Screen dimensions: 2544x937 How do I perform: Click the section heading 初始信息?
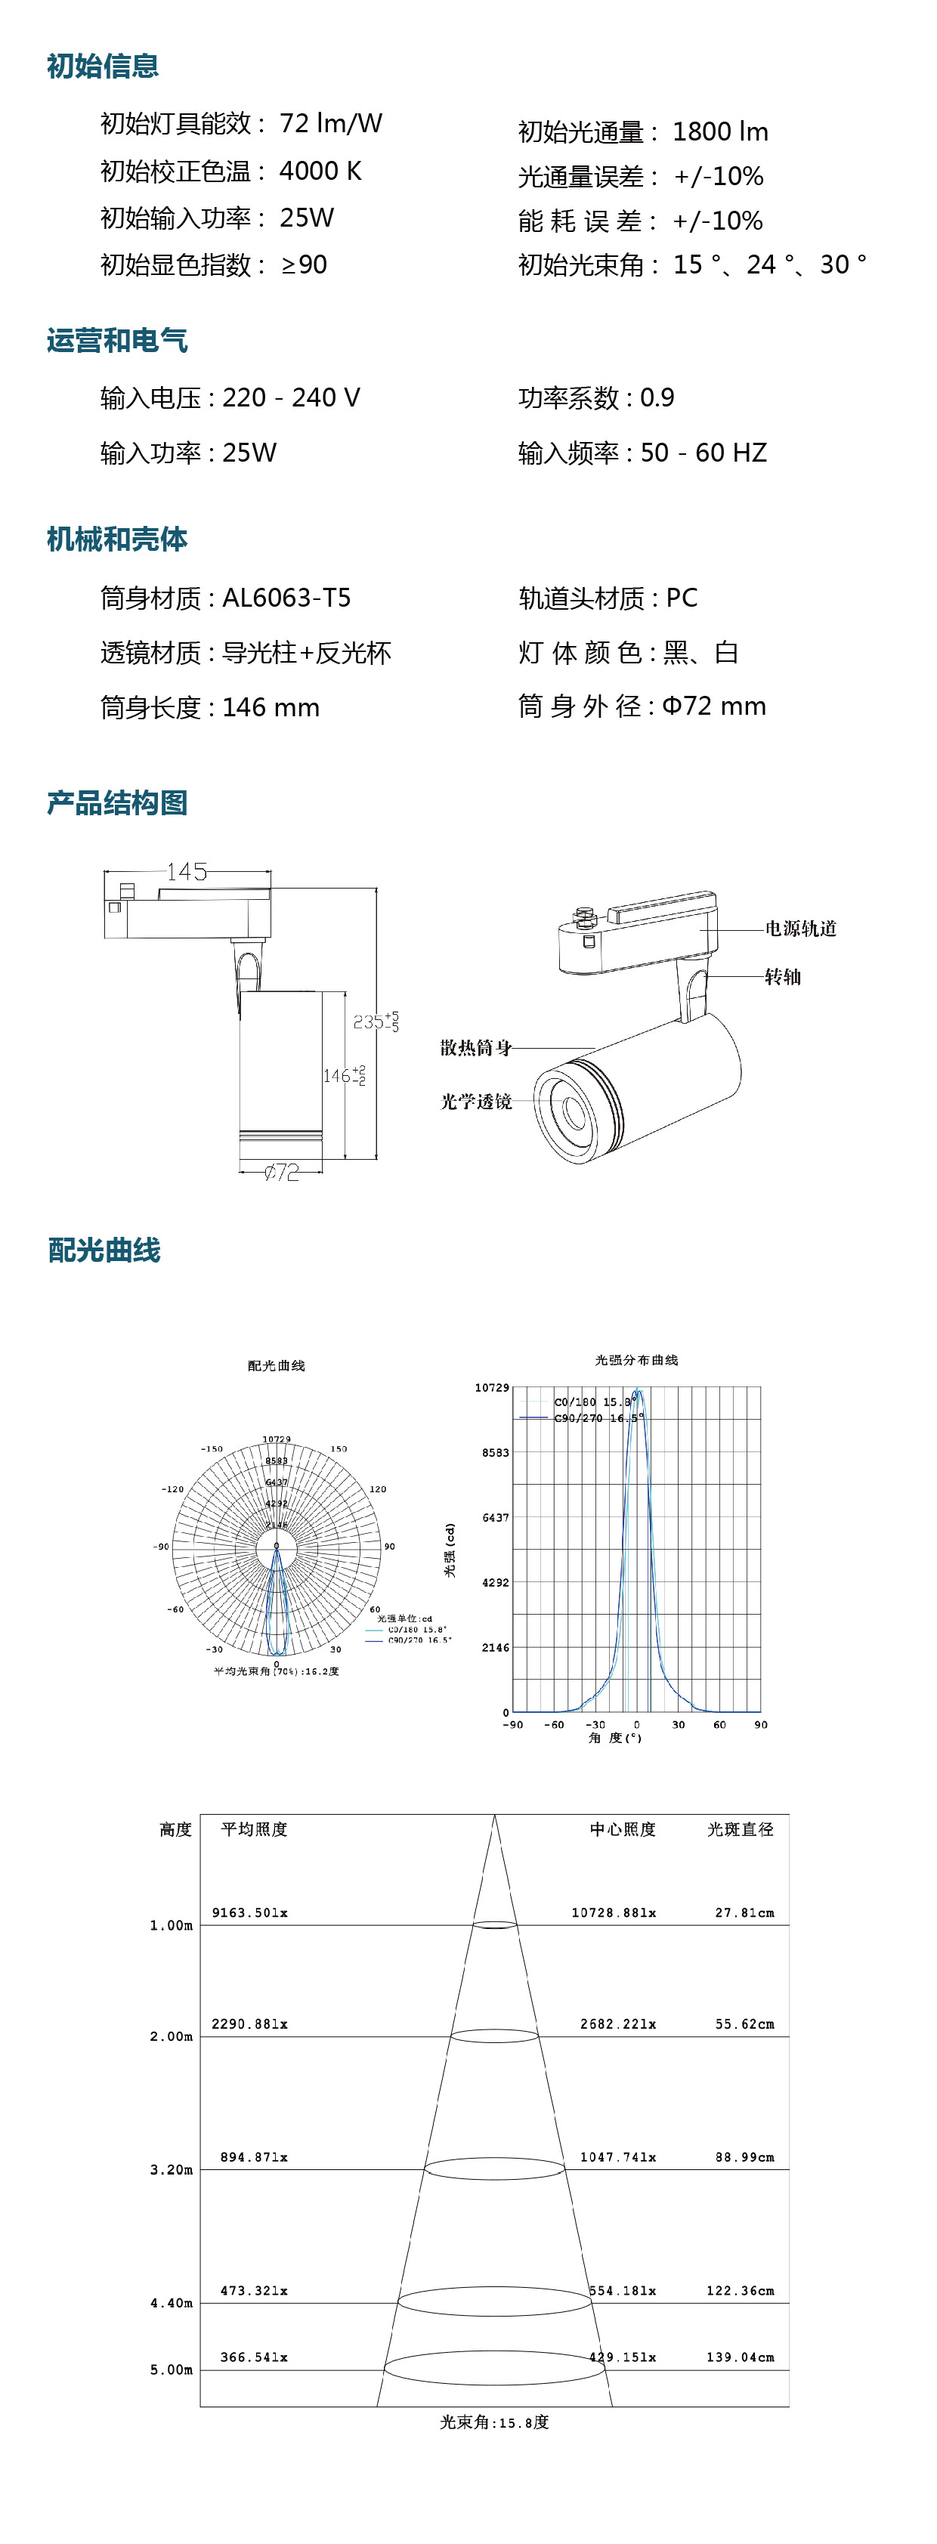(103, 66)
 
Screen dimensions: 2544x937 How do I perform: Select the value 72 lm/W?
(331, 123)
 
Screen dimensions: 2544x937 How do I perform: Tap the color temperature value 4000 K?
(320, 171)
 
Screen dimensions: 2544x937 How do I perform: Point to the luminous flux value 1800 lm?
(720, 131)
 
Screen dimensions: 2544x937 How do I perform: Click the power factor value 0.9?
(657, 398)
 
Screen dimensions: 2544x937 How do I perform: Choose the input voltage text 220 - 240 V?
(291, 398)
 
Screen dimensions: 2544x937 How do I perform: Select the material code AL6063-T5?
(286, 598)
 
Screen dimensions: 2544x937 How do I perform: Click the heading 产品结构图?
(117, 803)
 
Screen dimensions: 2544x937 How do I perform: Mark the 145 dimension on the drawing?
(187, 872)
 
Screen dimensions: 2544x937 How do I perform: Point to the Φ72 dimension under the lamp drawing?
(281, 1172)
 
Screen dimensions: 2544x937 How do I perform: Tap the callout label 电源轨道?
(801, 929)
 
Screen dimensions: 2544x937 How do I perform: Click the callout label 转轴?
(783, 977)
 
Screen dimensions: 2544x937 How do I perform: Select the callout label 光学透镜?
(476, 1101)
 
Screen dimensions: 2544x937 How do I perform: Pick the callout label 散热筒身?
(476, 1048)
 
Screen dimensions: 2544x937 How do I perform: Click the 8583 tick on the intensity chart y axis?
(496, 1453)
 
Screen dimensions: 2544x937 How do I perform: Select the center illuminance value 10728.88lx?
(613, 1913)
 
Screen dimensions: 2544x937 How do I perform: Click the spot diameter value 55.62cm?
(744, 2023)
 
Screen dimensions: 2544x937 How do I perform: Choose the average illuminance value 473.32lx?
(254, 2290)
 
